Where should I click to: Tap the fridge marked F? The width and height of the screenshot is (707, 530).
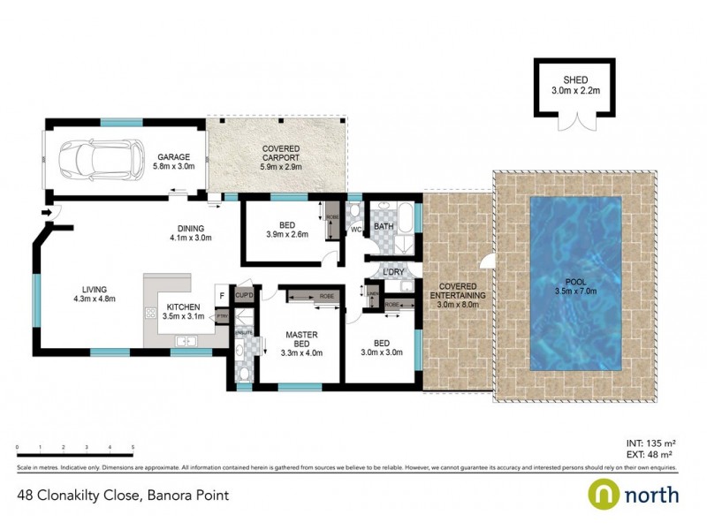tap(222, 296)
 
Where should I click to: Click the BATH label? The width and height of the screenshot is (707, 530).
tap(384, 227)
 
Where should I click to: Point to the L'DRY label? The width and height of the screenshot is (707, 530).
tap(393, 272)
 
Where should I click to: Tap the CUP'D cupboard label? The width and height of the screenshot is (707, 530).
tap(245, 295)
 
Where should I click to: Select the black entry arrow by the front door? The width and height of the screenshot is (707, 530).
tap(45, 212)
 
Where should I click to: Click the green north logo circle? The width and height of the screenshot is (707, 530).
tap(603, 494)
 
